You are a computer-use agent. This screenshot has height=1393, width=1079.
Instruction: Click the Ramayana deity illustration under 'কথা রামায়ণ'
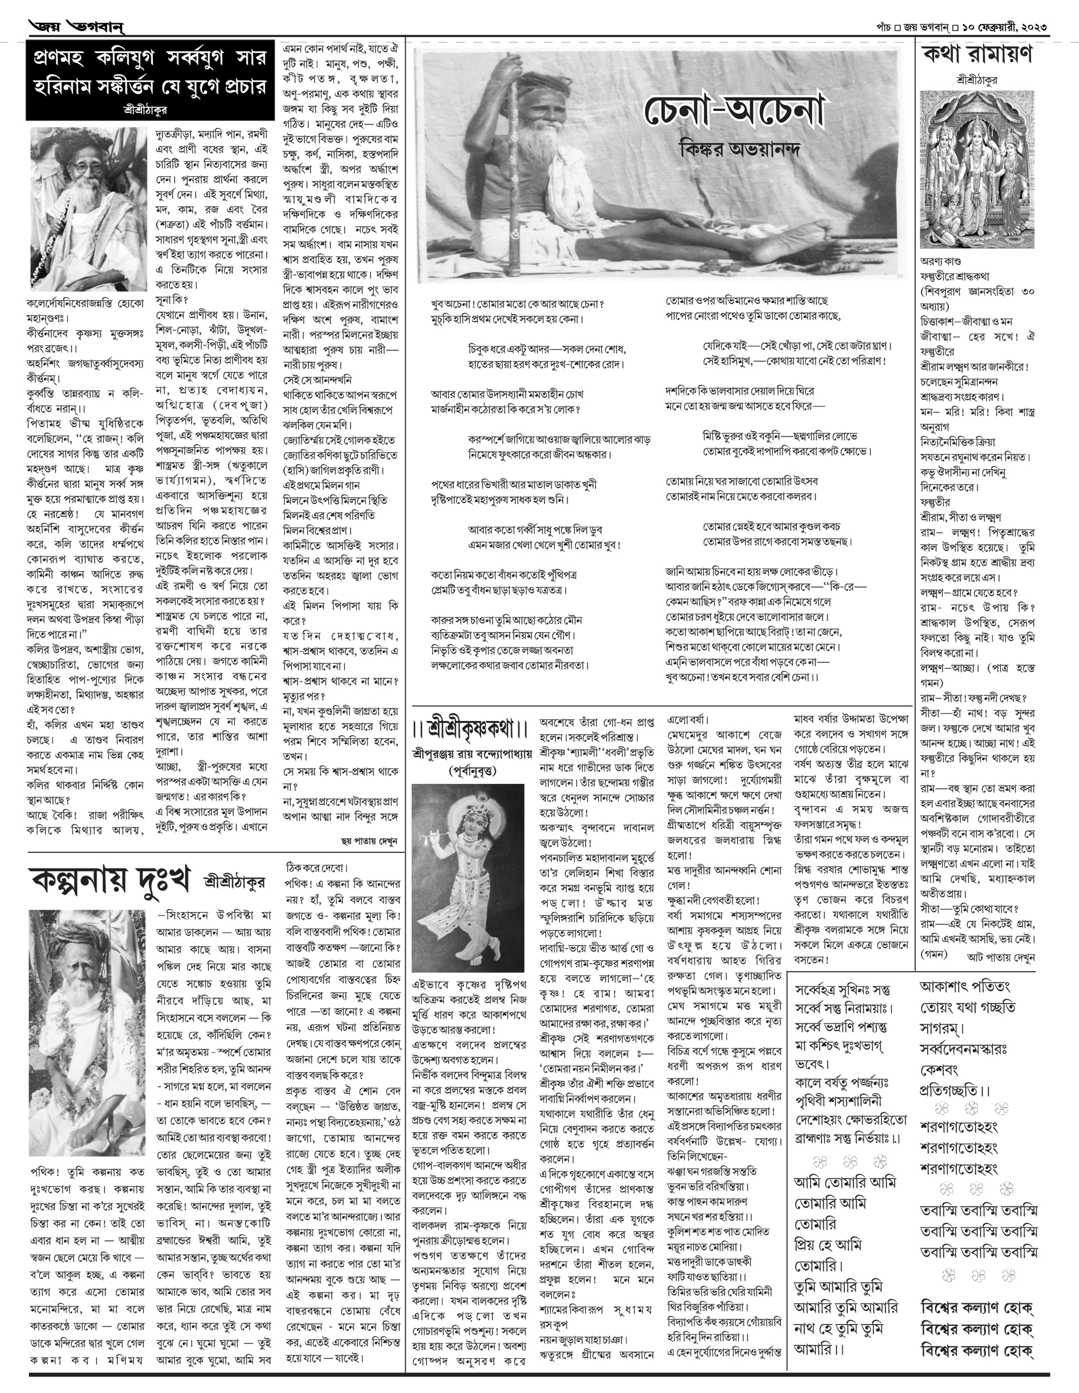(977, 168)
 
